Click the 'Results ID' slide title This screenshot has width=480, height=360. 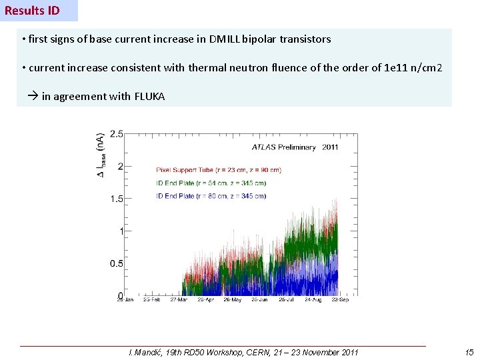point(32,11)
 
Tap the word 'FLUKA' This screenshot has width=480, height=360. point(149,97)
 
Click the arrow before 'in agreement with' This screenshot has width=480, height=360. point(33,97)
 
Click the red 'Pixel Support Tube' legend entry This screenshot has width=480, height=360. point(219,170)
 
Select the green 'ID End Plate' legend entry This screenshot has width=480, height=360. point(211,183)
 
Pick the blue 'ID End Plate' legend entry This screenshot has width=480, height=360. point(211,196)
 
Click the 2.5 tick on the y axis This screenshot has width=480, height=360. point(115,134)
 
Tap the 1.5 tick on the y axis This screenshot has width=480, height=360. point(115,199)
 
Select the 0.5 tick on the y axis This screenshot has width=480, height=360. point(115,263)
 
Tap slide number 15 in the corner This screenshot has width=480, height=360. point(469,352)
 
